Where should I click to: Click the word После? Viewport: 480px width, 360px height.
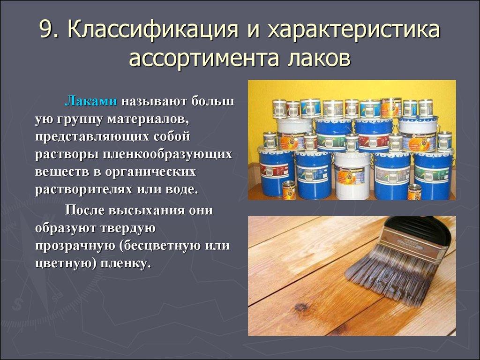click(x=84, y=210)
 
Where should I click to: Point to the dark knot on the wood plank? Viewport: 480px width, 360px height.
click(x=299, y=307)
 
